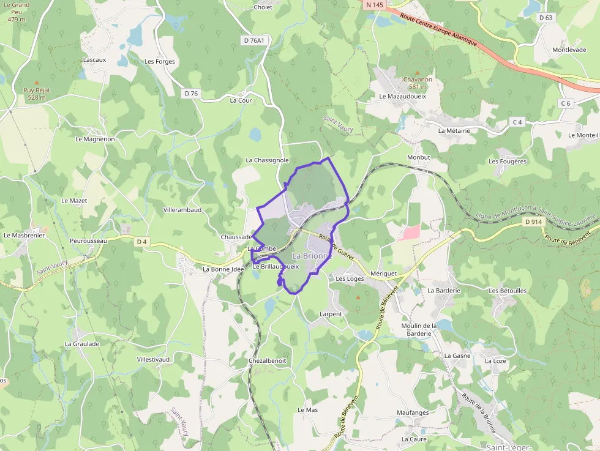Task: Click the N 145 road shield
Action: pos(375,5)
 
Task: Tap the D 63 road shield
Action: pos(546,18)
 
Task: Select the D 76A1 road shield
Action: pos(253,40)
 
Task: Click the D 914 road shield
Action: pos(533,222)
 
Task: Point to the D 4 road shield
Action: pos(142,242)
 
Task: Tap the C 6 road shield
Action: pos(565,103)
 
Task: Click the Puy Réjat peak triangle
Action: pos(36,82)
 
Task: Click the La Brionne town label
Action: pos(312,256)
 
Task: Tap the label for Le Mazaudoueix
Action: pos(403,97)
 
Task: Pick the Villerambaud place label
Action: pos(182,210)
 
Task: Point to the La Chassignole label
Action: pos(267,160)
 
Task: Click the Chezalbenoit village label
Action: pos(267,361)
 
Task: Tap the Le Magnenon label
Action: pos(95,139)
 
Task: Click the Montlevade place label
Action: pos(569,50)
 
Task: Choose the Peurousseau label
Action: pos(88,241)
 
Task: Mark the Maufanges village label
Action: pos(413,412)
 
